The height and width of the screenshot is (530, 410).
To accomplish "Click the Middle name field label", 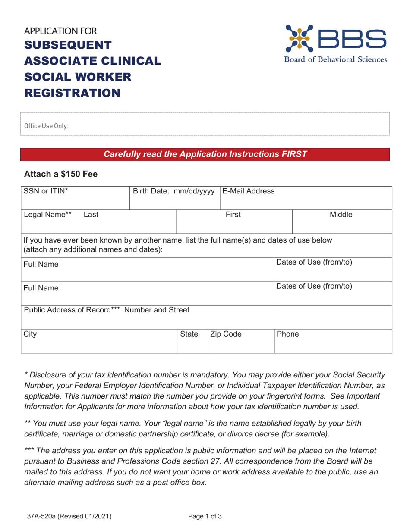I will [x=342, y=214].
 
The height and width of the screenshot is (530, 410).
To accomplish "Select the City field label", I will [x=31, y=334].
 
